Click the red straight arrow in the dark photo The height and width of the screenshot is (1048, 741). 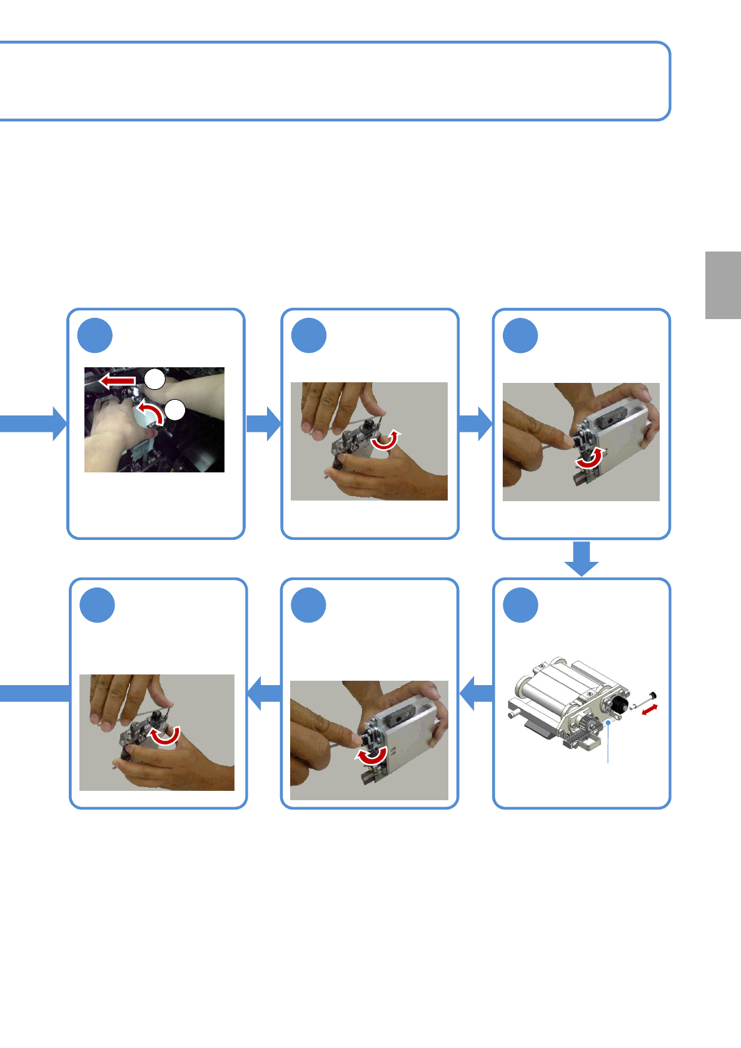(117, 380)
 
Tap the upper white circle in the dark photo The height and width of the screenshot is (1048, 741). (154, 379)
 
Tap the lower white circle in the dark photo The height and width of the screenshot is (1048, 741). (176, 410)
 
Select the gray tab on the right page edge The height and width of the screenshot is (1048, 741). (723, 285)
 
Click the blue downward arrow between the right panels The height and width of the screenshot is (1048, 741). (582, 558)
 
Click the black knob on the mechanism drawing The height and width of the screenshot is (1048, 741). (620, 705)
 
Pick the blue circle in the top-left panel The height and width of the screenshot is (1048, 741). (95, 335)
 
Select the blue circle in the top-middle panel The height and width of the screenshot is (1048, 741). (309, 335)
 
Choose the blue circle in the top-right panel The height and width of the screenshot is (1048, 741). (520, 335)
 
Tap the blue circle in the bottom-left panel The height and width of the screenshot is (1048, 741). (98, 605)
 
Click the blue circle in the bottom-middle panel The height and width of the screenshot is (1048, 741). (309, 605)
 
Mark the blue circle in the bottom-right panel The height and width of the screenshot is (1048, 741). (521, 605)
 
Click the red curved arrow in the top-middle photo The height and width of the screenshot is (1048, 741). (385, 440)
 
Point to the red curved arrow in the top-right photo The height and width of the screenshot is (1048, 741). (589, 459)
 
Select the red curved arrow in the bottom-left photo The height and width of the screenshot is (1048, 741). (166, 736)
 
